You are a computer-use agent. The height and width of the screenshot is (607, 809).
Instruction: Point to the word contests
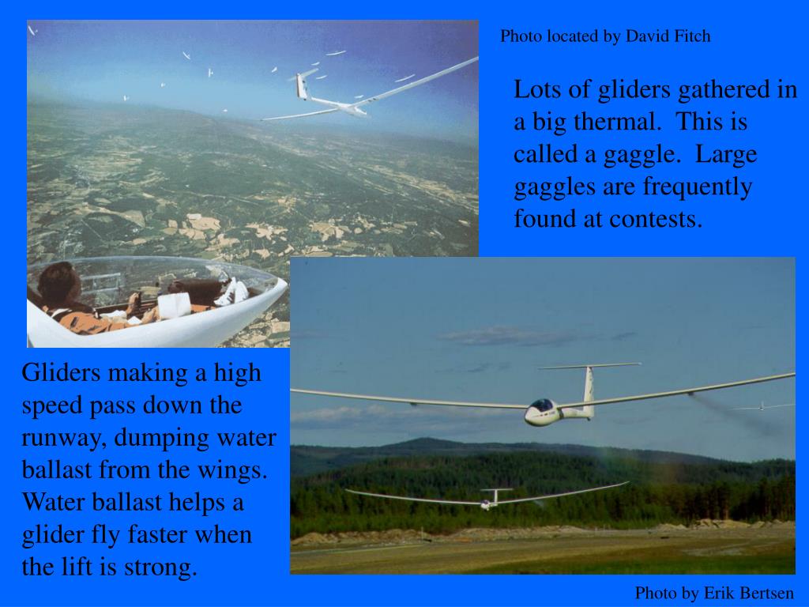tap(655, 219)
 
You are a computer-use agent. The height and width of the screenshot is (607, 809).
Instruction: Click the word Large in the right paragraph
tap(726, 155)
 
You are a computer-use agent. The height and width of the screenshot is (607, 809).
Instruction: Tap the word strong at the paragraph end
tap(162, 567)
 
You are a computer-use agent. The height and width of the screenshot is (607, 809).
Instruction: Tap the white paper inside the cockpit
tap(174, 303)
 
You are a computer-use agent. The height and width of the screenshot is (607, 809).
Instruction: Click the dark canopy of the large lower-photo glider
tap(541, 405)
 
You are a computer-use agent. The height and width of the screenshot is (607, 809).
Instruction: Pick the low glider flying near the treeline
tap(486, 499)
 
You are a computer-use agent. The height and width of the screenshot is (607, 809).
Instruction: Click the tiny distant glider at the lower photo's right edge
tap(761, 406)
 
